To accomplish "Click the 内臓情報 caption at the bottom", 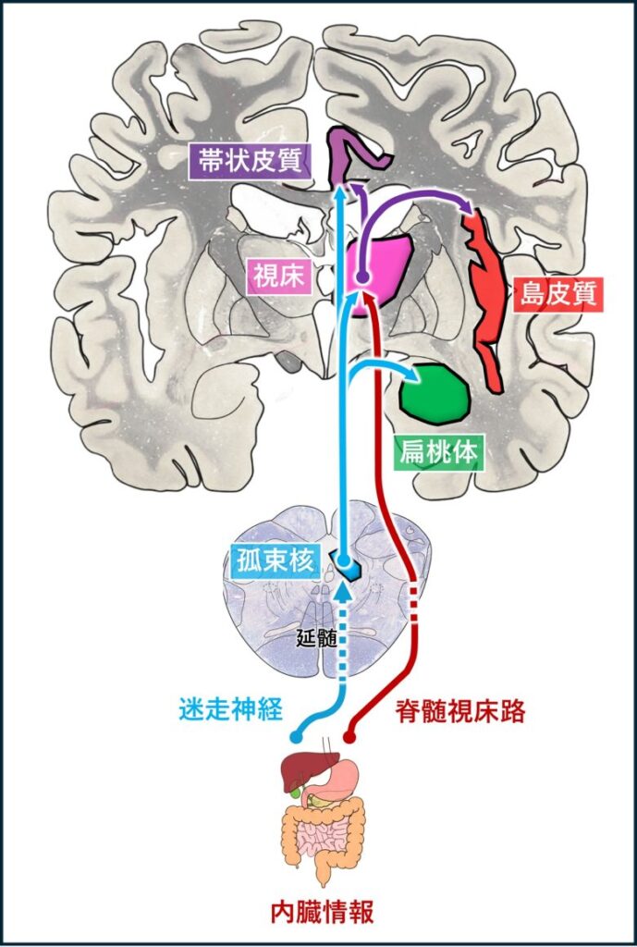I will coord(322,912).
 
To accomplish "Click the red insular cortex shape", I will coord(486,287).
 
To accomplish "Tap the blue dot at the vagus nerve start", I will coord(296,737).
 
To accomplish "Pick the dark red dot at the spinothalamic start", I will coord(349,737).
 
